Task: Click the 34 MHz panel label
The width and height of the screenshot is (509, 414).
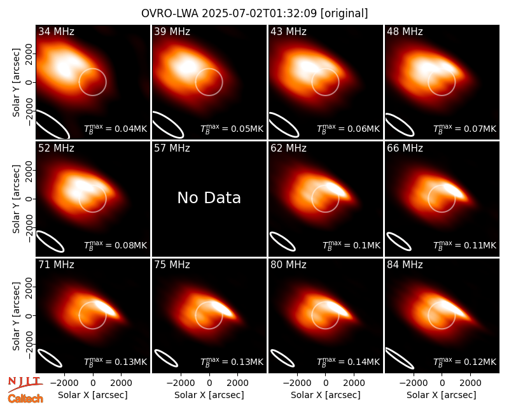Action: coord(56,31)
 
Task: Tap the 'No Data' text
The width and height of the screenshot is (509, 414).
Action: coord(209,197)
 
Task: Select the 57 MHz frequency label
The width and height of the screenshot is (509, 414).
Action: coord(172,148)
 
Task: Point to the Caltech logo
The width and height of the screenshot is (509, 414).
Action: coord(25,399)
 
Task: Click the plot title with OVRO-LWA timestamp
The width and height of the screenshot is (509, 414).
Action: coord(254,13)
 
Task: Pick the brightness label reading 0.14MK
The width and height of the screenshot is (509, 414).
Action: coord(348,361)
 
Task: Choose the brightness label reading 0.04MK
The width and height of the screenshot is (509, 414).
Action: coord(116,129)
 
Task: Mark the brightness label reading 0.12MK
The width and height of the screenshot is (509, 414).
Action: coord(465,361)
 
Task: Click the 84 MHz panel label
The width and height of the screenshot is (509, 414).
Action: coord(405,265)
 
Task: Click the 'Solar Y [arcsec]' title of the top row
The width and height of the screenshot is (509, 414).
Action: coord(16,83)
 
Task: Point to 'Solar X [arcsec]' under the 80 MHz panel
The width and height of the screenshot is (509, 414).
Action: coord(326,395)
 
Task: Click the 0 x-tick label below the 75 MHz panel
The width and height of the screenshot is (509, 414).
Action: coord(209,383)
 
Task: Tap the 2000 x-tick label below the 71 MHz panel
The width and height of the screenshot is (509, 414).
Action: coord(121,383)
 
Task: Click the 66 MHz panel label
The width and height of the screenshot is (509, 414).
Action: coord(405,148)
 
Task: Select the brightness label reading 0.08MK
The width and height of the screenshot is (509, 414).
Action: coord(116,245)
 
